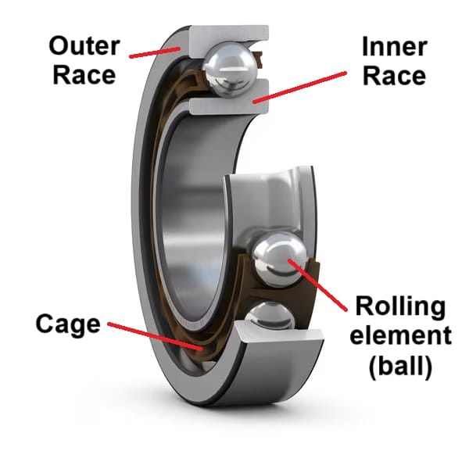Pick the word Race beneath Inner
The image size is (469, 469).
394,75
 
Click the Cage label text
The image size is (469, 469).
68,323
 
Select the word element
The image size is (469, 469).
401,336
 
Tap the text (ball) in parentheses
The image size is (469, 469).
401,366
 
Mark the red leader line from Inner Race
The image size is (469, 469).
301,86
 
